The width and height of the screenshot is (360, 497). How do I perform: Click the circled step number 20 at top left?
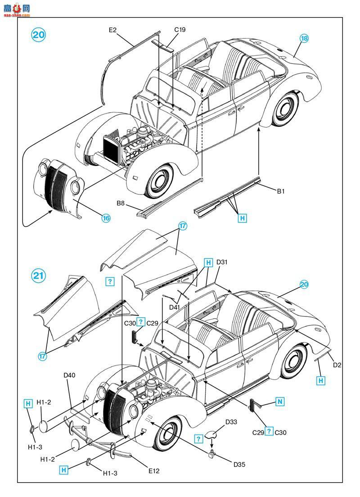tap(39, 35)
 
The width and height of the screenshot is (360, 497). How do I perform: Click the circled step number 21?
tap(38, 276)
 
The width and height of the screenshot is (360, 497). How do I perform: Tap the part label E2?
tap(112, 30)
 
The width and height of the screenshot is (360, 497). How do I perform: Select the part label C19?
tap(180, 29)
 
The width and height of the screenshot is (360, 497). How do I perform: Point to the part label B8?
tap(121, 203)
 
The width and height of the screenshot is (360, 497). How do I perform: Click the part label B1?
tap(281, 191)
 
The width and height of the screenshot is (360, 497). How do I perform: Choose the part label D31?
tap(222, 262)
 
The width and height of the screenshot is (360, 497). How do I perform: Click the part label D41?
tap(175, 307)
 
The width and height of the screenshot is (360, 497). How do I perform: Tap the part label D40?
tap(69, 375)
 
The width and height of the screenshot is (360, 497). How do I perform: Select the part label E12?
tap(154, 471)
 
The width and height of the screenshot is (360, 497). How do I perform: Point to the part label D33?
tap(231, 422)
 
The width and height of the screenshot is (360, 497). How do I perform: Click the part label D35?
tap(239, 465)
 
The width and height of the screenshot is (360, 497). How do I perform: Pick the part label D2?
tap(337, 365)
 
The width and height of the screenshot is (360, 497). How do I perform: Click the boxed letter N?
tap(280, 402)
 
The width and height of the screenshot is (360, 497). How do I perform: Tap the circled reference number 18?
tap(304, 38)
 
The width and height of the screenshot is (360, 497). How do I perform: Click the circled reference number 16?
tap(106, 218)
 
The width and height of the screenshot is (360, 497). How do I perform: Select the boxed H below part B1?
tap(243, 218)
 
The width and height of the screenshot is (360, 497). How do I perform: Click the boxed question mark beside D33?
tap(198, 439)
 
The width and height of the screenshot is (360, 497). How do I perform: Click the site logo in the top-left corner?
tap(17, 9)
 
